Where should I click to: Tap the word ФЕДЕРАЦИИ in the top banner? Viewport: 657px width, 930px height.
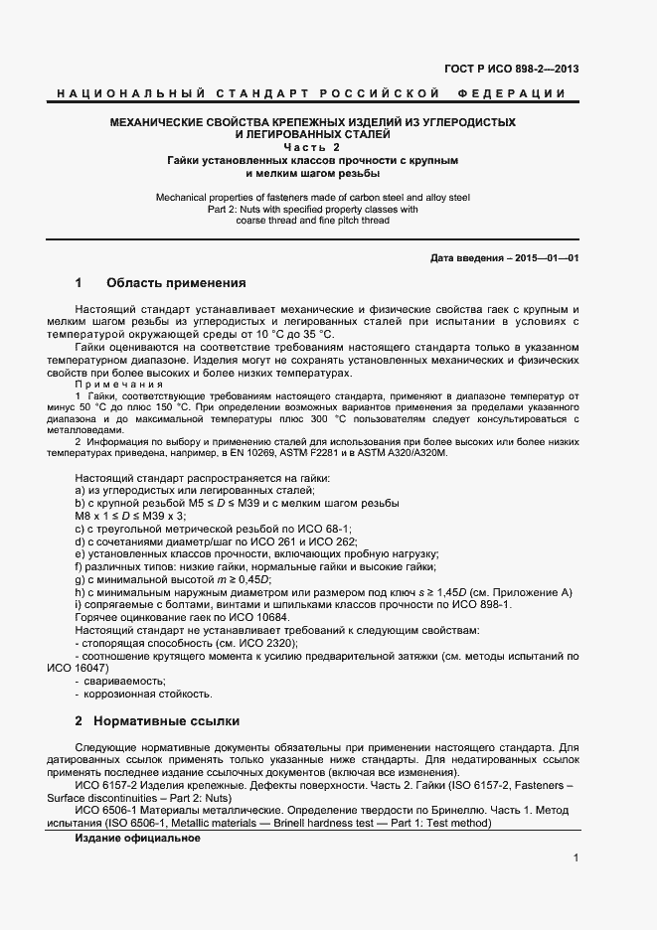pyautogui.click(x=512, y=93)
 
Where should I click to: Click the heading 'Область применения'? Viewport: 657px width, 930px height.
pyautogui.click(x=175, y=282)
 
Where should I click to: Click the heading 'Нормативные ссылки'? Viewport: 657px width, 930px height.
pyautogui.click(x=172, y=719)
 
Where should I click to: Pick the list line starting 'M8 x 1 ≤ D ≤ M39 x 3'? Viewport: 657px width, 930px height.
pyautogui.click(x=130, y=516)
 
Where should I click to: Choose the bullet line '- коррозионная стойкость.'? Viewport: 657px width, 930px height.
pyautogui.click(x=143, y=694)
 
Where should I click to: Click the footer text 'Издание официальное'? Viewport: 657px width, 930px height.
pyautogui.click(x=137, y=838)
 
